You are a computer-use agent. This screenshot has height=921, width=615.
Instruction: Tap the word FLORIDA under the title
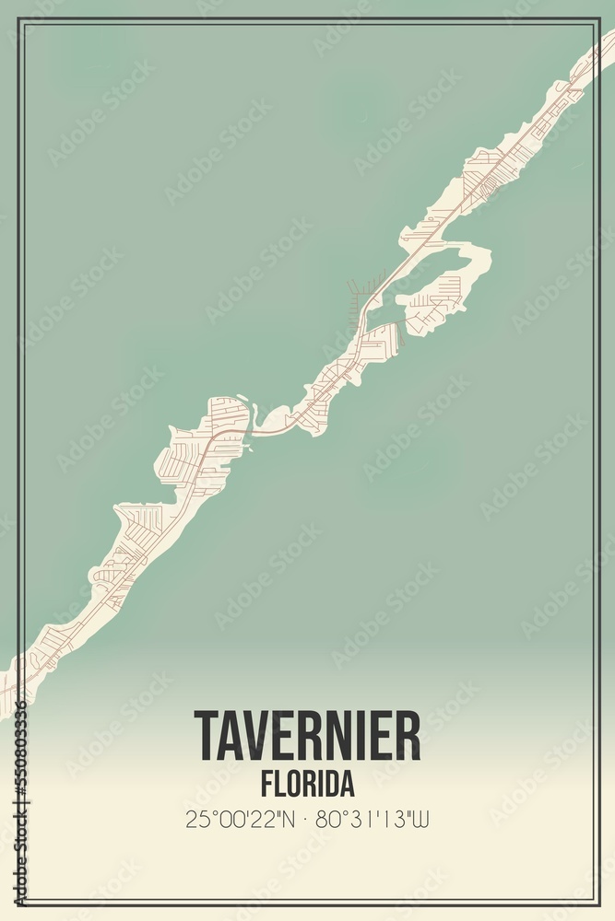pyautogui.click(x=307, y=784)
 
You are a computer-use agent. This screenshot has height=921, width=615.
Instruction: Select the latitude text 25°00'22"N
pyautogui.click(x=241, y=819)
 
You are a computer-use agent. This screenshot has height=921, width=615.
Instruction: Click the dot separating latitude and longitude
pyautogui.click(x=305, y=819)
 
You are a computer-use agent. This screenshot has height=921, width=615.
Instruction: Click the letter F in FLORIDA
pyautogui.click(x=266, y=784)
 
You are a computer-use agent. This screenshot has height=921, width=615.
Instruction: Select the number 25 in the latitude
pyautogui.click(x=195, y=819)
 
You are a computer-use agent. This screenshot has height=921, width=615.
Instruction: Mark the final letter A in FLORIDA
pyautogui.click(x=347, y=784)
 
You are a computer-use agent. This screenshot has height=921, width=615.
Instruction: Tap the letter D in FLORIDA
pyautogui.click(x=331, y=784)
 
